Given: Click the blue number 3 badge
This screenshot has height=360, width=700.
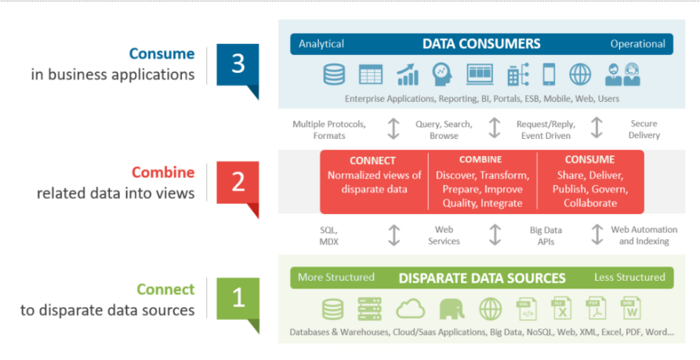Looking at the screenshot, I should (x=238, y=65).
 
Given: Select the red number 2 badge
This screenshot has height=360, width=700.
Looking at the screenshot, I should (x=238, y=183).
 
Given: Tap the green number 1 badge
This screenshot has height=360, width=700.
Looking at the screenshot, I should (x=238, y=299).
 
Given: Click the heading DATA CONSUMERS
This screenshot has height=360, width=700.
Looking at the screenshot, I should (x=481, y=44).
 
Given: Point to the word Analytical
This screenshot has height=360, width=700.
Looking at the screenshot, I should (x=321, y=44).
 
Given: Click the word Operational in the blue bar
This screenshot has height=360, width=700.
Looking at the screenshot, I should (x=637, y=44).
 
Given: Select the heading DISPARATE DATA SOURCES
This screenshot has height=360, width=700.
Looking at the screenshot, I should (x=482, y=278).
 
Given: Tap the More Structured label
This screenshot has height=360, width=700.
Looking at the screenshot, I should (x=336, y=278).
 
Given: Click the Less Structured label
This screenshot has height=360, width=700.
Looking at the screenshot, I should (x=629, y=278).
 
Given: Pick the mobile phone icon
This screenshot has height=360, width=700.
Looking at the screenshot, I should (x=549, y=75).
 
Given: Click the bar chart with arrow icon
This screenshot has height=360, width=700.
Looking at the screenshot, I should (x=407, y=75).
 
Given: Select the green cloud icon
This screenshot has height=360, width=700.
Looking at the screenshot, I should (x=410, y=308).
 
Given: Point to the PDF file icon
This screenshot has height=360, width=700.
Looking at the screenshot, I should (x=597, y=308).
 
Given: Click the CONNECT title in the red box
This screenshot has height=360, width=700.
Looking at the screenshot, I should (x=372, y=161).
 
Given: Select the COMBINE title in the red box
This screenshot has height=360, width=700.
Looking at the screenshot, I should (x=481, y=160).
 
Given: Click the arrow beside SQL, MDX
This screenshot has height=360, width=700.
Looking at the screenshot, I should (x=394, y=235).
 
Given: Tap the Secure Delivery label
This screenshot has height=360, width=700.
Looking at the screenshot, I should (x=644, y=129).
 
